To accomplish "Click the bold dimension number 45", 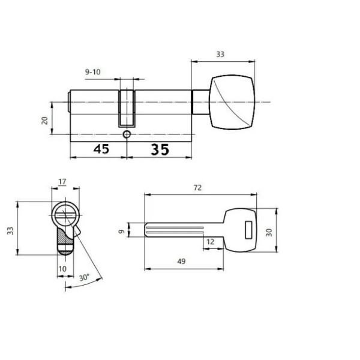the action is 101,149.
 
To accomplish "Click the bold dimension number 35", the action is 160,149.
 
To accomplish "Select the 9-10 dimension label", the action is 93,72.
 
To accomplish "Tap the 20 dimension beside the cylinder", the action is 45,121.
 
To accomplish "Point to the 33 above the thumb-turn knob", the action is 220,55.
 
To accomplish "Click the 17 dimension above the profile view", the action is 62,182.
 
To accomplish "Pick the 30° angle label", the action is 84,278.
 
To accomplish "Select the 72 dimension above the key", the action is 197,188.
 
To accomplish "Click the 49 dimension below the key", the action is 181,261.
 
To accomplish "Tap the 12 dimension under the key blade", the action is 210,242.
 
